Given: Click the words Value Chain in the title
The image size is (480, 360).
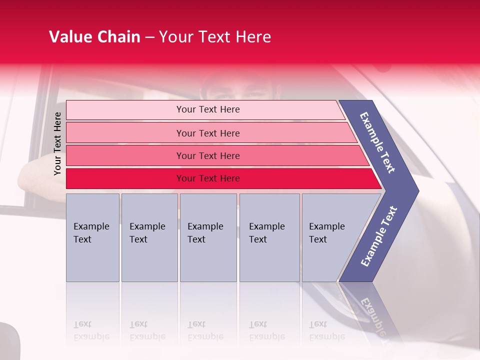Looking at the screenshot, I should click(x=94, y=37).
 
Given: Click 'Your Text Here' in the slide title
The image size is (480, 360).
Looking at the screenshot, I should click(x=215, y=37).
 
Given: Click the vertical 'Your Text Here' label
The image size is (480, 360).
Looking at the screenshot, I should click(x=57, y=143).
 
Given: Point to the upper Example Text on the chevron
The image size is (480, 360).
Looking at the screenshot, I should click(x=377, y=142).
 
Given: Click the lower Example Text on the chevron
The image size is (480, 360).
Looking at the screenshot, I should click(x=379, y=236).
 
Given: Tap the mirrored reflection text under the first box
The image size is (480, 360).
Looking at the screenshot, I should click(x=91, y=330).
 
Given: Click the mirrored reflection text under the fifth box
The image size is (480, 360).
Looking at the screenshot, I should click(x=326, y=330).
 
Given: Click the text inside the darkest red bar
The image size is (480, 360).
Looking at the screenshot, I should click(x=208, y=178).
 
